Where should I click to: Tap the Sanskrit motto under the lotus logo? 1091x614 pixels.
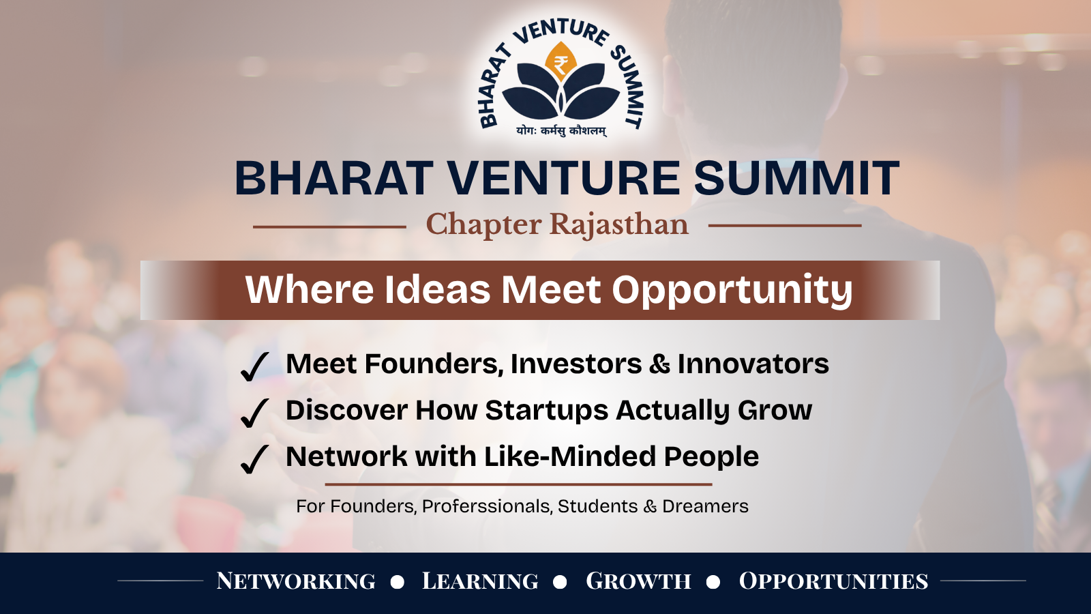point(562,131)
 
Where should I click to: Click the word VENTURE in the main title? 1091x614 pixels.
point(563,178)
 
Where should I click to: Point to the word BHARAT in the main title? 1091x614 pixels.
point(334,178)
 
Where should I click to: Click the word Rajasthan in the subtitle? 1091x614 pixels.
point(619,224)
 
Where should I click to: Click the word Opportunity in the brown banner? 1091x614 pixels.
point(732,291)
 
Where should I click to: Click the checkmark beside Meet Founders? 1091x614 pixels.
point(254,366)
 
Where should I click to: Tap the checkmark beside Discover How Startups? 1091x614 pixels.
point(254,413)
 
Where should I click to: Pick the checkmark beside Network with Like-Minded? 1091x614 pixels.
point(254,460)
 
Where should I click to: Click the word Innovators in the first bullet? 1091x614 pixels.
point(753,364)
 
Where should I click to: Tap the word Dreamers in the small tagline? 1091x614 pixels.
point(705,506)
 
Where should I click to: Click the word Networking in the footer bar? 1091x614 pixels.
point(296,581)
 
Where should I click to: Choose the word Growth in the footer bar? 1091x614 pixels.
point(638,581)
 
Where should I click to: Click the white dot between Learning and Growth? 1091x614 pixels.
point(560,582)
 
